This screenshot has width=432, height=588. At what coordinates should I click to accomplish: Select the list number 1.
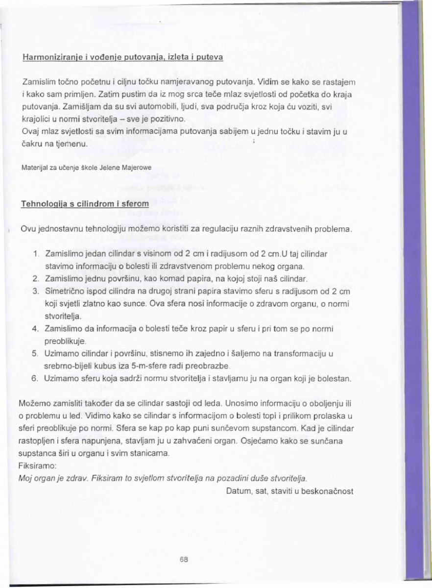pos(37,255)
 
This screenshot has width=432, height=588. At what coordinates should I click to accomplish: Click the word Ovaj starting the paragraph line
pos(31,131)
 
